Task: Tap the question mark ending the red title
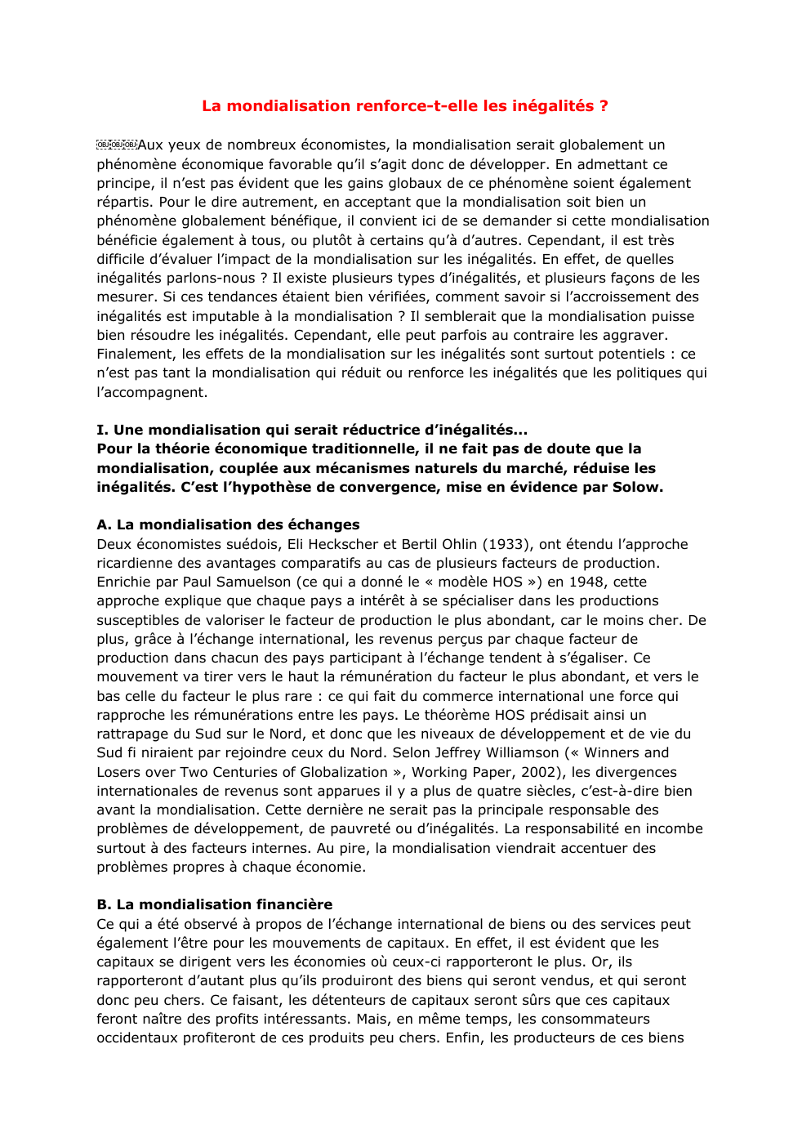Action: tap(604, 105)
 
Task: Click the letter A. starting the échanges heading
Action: tap(104, 524)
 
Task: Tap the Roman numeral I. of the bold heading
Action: tap(101, 430)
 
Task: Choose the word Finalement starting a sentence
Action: tap(135, 354)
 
